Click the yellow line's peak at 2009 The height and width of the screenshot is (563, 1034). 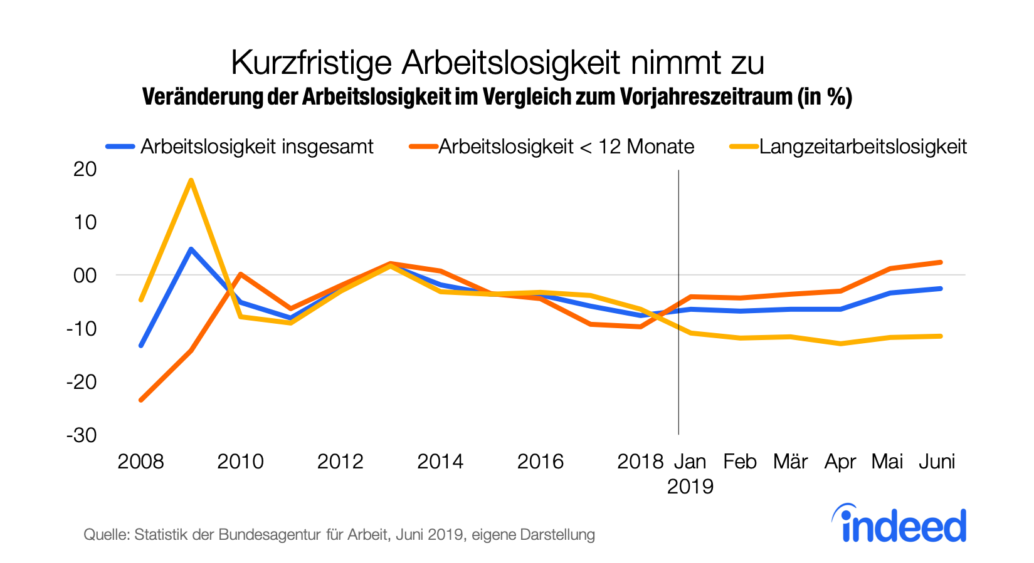pyautogui.click(x=191, y=180)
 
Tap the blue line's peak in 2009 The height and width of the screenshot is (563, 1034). pyautogui.click(x=191, y=249)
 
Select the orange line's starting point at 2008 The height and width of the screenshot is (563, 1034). pyautogui.click(x=140, y=400)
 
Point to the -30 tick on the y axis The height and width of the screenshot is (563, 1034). pyautogui.click(x=82, y=435)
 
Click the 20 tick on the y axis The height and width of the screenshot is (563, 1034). pyautogui.click(x=85, y=168)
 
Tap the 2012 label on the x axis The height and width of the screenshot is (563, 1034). pyautogui.click(x=340, y=462)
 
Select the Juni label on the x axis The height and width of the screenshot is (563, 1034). pyautogui.click(x=937, y=462)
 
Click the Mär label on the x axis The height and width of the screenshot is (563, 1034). pyautogui.click(x=790, y=462)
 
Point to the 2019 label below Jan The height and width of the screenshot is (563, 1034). pyautogui.click(x=690, y=487)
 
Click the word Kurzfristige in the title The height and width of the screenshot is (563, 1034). pyautogui.click(x=312, y=63)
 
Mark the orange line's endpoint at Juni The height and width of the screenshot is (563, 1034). pyautogui.click(x=941, y=262)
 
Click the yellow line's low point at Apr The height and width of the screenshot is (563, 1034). pyautogui.click(x=840, y=344)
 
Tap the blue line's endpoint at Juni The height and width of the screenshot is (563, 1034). pyautogui.click(x=941, y=289)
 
